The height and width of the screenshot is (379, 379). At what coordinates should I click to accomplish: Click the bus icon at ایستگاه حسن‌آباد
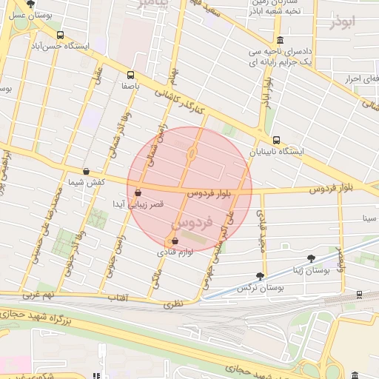60,34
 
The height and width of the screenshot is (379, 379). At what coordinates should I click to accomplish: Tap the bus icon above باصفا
131,75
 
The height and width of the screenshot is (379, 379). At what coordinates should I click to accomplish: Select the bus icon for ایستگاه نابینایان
276,140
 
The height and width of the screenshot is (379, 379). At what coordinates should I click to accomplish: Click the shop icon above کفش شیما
87,171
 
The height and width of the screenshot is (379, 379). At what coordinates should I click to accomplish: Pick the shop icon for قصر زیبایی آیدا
138,193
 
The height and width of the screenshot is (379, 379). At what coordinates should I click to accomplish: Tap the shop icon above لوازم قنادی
175,241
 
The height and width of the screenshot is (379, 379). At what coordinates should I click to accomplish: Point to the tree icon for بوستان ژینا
311,258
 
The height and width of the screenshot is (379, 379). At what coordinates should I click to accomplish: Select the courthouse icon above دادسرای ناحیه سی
279,41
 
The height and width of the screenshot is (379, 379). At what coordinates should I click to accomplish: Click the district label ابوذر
343,21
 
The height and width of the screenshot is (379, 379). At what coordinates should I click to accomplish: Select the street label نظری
172,303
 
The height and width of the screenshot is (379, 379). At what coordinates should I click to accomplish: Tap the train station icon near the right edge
359,295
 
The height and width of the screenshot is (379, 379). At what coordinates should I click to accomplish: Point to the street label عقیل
97,76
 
